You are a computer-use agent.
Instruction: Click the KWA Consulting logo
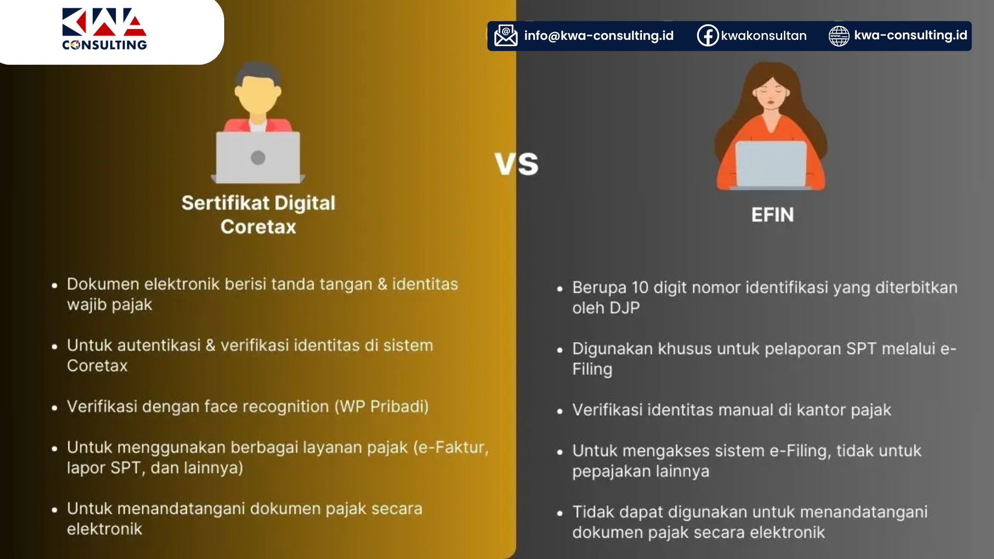[105, 29]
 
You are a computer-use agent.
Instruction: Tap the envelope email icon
[506, 35]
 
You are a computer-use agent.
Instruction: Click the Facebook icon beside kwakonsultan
[708, 35]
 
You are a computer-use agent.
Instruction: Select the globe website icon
[839, 36]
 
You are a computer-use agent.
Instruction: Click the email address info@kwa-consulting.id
[599, 35]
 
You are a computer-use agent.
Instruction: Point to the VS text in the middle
[516, 164]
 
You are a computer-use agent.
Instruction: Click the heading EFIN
[772, 215]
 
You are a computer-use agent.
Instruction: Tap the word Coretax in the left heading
[258, 227]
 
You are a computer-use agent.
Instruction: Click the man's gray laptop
[258, 157]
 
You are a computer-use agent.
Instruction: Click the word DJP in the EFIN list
[624, 308]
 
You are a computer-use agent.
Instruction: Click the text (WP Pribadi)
[382, 407]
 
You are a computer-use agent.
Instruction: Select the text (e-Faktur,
[451, 447]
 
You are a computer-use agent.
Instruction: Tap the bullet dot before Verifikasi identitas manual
[560, 411]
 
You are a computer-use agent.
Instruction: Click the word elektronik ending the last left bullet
[105, 529]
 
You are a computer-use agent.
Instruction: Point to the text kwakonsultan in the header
[764, 35]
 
